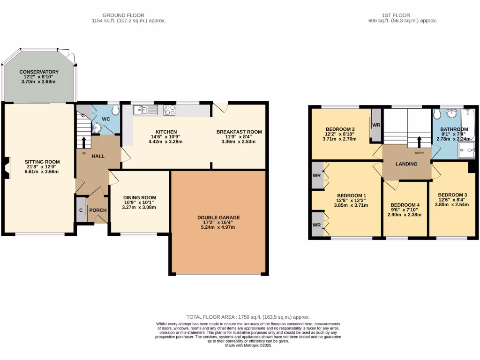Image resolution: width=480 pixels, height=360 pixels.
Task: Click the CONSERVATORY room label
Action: tap(39, 72)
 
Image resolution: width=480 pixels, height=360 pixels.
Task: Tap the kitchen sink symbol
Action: tap(145, 110)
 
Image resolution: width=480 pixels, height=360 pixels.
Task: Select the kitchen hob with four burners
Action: tap(169, 110)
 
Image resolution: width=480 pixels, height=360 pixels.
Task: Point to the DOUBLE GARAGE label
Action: tap(218, 217)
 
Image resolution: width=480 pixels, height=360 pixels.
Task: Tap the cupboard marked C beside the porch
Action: tap(81, 210)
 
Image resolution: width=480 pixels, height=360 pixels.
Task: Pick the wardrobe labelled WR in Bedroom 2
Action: tap(376, 125)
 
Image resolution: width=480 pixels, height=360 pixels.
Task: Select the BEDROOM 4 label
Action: tap(405, 205)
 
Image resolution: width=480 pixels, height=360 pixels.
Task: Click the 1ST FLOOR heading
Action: tap(403, 15)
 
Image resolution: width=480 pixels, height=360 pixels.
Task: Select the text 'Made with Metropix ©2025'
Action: tap(248, 345)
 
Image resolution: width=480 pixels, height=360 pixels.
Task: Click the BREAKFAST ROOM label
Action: tap(239, 132)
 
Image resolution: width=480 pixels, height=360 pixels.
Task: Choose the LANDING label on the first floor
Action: tap(407, 163)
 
